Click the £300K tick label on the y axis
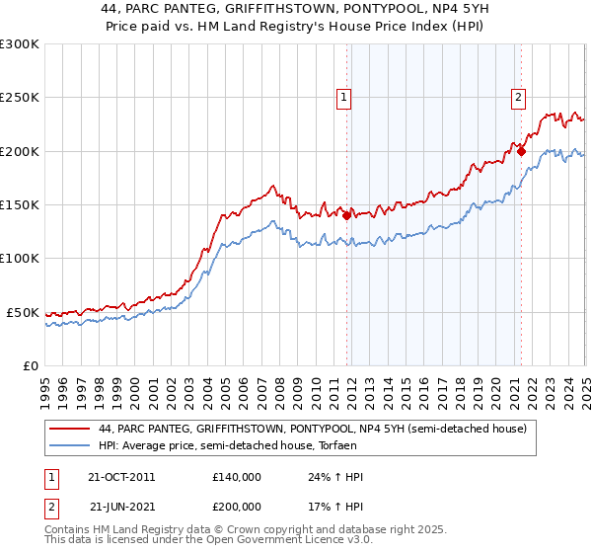coord(20,44)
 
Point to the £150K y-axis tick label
coord(20,204)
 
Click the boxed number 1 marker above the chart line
coord(343,97)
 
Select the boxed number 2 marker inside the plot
coord(518,97)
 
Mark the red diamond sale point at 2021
coord(521,151)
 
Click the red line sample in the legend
coord(70,429)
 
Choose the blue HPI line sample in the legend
coord(70,445)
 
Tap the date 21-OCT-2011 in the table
coord(122,477)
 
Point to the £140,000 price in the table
coord(237,477)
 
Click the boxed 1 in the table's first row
coord(52,477)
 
